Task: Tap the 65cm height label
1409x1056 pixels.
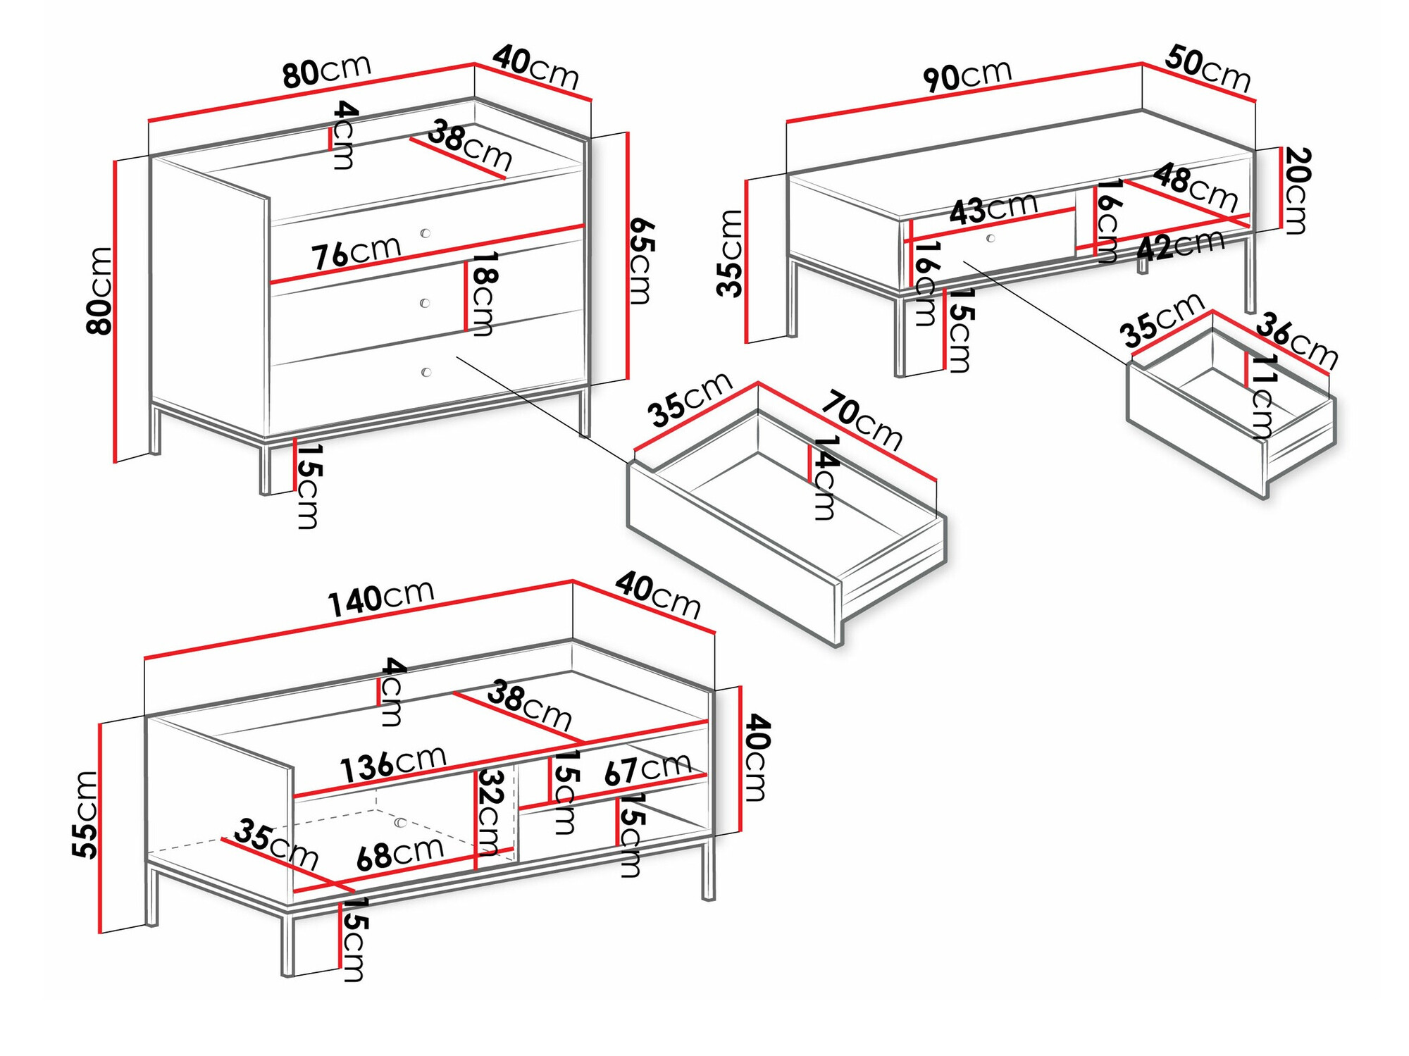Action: [x=641, y=261]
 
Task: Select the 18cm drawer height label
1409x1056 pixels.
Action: [x=483, y=293]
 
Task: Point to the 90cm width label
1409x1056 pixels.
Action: [x=967, y=75]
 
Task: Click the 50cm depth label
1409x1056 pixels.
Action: [x=1208, y=68]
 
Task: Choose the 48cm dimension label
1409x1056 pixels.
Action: [x=1196, y=187]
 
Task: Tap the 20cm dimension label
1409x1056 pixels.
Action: [x=1296, y=190]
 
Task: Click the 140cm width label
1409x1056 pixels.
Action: [x=380, y=599]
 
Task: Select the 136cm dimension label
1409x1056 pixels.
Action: [x=392, y=764]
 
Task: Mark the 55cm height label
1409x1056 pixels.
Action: [x=85, y=814]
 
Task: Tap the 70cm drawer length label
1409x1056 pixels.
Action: [x=861, y=421]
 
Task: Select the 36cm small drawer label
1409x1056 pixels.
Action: [x=1296, y=340]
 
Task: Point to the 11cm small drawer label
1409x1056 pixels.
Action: [x=1263, y=396]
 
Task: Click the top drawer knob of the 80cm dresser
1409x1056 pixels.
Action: [x=425, y=233]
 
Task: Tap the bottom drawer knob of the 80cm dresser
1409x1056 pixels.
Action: [x=426, y=372]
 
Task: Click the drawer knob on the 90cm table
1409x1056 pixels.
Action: [x=991, y=238]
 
